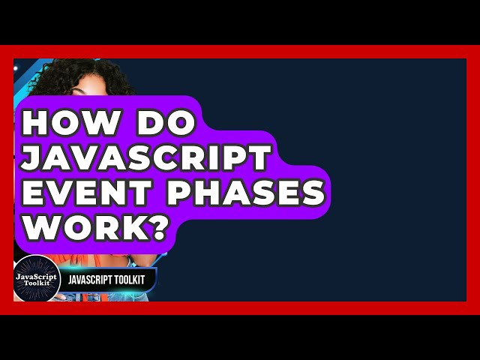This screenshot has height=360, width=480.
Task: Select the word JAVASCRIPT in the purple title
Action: [147, 158]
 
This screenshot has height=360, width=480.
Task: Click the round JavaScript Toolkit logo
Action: [37, 280]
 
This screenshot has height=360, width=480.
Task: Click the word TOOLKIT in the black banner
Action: [134, 280]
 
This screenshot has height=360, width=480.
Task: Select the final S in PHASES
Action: [313, 193]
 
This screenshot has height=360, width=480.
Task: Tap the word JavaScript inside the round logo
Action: [37, 276]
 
